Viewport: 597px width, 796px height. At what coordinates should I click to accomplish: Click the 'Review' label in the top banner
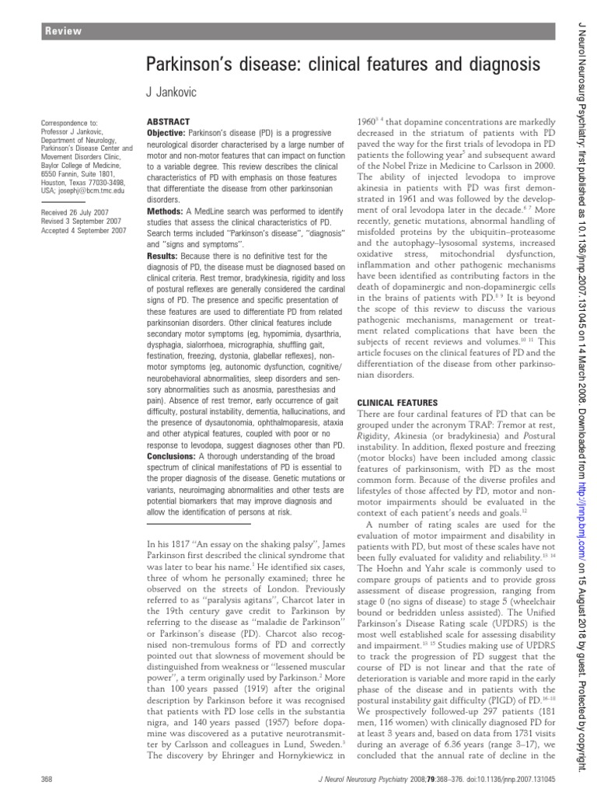pos(64,31)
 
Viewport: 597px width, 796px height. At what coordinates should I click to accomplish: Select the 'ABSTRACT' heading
pos(166,123)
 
